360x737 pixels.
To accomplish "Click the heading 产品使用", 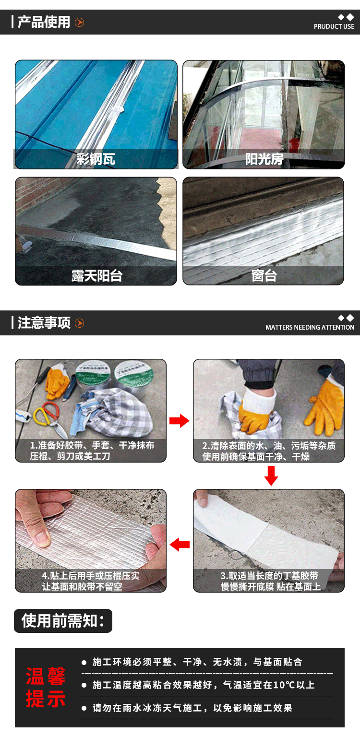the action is pyautogui.click(x=44, y=22).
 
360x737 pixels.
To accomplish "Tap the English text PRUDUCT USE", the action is pyautogui.click(x=334, y=27).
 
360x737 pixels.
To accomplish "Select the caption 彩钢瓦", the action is pyautogui.click(x=96, y=159).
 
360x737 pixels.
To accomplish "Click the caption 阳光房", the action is pyautogui.click(x=264, y=159).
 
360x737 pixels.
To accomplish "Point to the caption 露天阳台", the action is pyautogui.click(x=97, y=275).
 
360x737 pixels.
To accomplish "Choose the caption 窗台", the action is pyautogui.click(x=264, y=275).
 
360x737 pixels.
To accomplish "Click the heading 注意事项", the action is pyautogui.click(x=44, y=323).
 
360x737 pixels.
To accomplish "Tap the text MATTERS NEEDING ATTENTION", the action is pyautogui.click(x=310, y=327).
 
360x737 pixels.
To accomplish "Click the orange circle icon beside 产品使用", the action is pyautogui.click(x=80, y=23).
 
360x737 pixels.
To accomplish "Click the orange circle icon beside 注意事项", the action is pyautogui.click(x=80, y=323).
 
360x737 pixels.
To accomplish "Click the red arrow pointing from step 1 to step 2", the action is pyautogui.click(x=180, y=421).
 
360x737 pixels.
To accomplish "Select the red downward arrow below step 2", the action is pyautogui.click(x=271, y=476).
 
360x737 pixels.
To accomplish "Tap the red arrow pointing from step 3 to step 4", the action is pyautogui.click(x=180, y=545).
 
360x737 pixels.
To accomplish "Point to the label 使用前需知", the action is pyautogui.click(x=63, y=621).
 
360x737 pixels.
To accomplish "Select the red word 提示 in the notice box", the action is pyautogui.click(x=46, y=699).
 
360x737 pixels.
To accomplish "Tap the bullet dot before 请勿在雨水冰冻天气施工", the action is pyautogui.click(x=84, y=708).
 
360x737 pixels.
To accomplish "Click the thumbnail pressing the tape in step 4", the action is pyautogui.click(x=91, y=541).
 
